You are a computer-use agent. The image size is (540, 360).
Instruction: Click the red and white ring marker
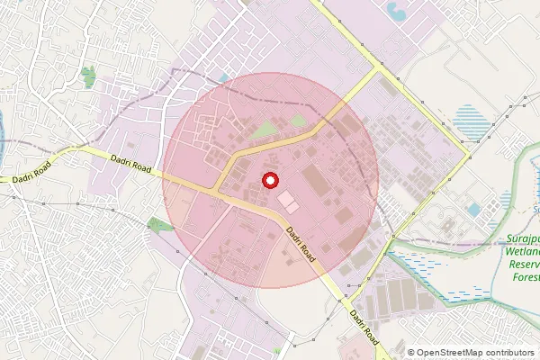(268, 181)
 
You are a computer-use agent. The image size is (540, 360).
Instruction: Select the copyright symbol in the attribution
(411, 353)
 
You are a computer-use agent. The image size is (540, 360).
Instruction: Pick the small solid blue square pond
(473, 209)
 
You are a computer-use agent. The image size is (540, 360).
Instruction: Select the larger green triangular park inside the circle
(263, 131)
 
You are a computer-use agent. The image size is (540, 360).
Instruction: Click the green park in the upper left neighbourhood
(87, 77)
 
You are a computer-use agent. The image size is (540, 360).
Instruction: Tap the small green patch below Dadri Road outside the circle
(159, 223)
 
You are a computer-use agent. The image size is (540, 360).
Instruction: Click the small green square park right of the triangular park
(298, 120)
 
